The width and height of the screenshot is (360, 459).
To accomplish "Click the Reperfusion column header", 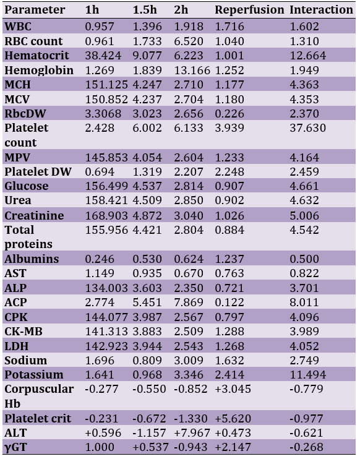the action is (249, 11).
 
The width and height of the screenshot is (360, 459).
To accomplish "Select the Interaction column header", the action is (322, 10).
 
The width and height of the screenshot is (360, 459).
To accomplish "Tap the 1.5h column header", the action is (145, 10).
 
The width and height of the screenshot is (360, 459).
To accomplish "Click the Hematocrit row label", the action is (37, 55).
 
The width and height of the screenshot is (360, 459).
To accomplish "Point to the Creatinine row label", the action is (34, 216).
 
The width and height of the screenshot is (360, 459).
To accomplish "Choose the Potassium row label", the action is (34, 375).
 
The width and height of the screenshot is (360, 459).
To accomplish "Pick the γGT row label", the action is (16, 447).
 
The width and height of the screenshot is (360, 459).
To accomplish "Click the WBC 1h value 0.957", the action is (100, 27).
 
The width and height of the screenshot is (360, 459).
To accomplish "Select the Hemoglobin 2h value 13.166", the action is (192, 71).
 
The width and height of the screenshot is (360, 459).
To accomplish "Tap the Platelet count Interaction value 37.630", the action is (307, 128).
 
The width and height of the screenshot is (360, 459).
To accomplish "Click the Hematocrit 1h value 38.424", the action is (103, 55).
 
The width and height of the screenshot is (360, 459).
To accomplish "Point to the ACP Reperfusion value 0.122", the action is (229, 302).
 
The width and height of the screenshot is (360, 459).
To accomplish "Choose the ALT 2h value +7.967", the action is (192, 432).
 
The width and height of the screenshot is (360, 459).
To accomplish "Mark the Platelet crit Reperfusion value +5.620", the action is (233, 418).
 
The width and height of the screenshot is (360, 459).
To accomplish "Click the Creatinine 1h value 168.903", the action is (106, 216).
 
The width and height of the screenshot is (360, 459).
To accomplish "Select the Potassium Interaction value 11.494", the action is (307, 375).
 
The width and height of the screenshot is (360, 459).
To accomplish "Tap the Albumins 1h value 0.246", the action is (100, 259).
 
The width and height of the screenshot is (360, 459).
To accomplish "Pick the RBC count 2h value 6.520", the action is (189, 41).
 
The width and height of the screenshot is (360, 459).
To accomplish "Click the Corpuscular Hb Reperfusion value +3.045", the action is (233, 389).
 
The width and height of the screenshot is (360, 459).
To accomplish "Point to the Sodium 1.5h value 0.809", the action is (147, 361).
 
